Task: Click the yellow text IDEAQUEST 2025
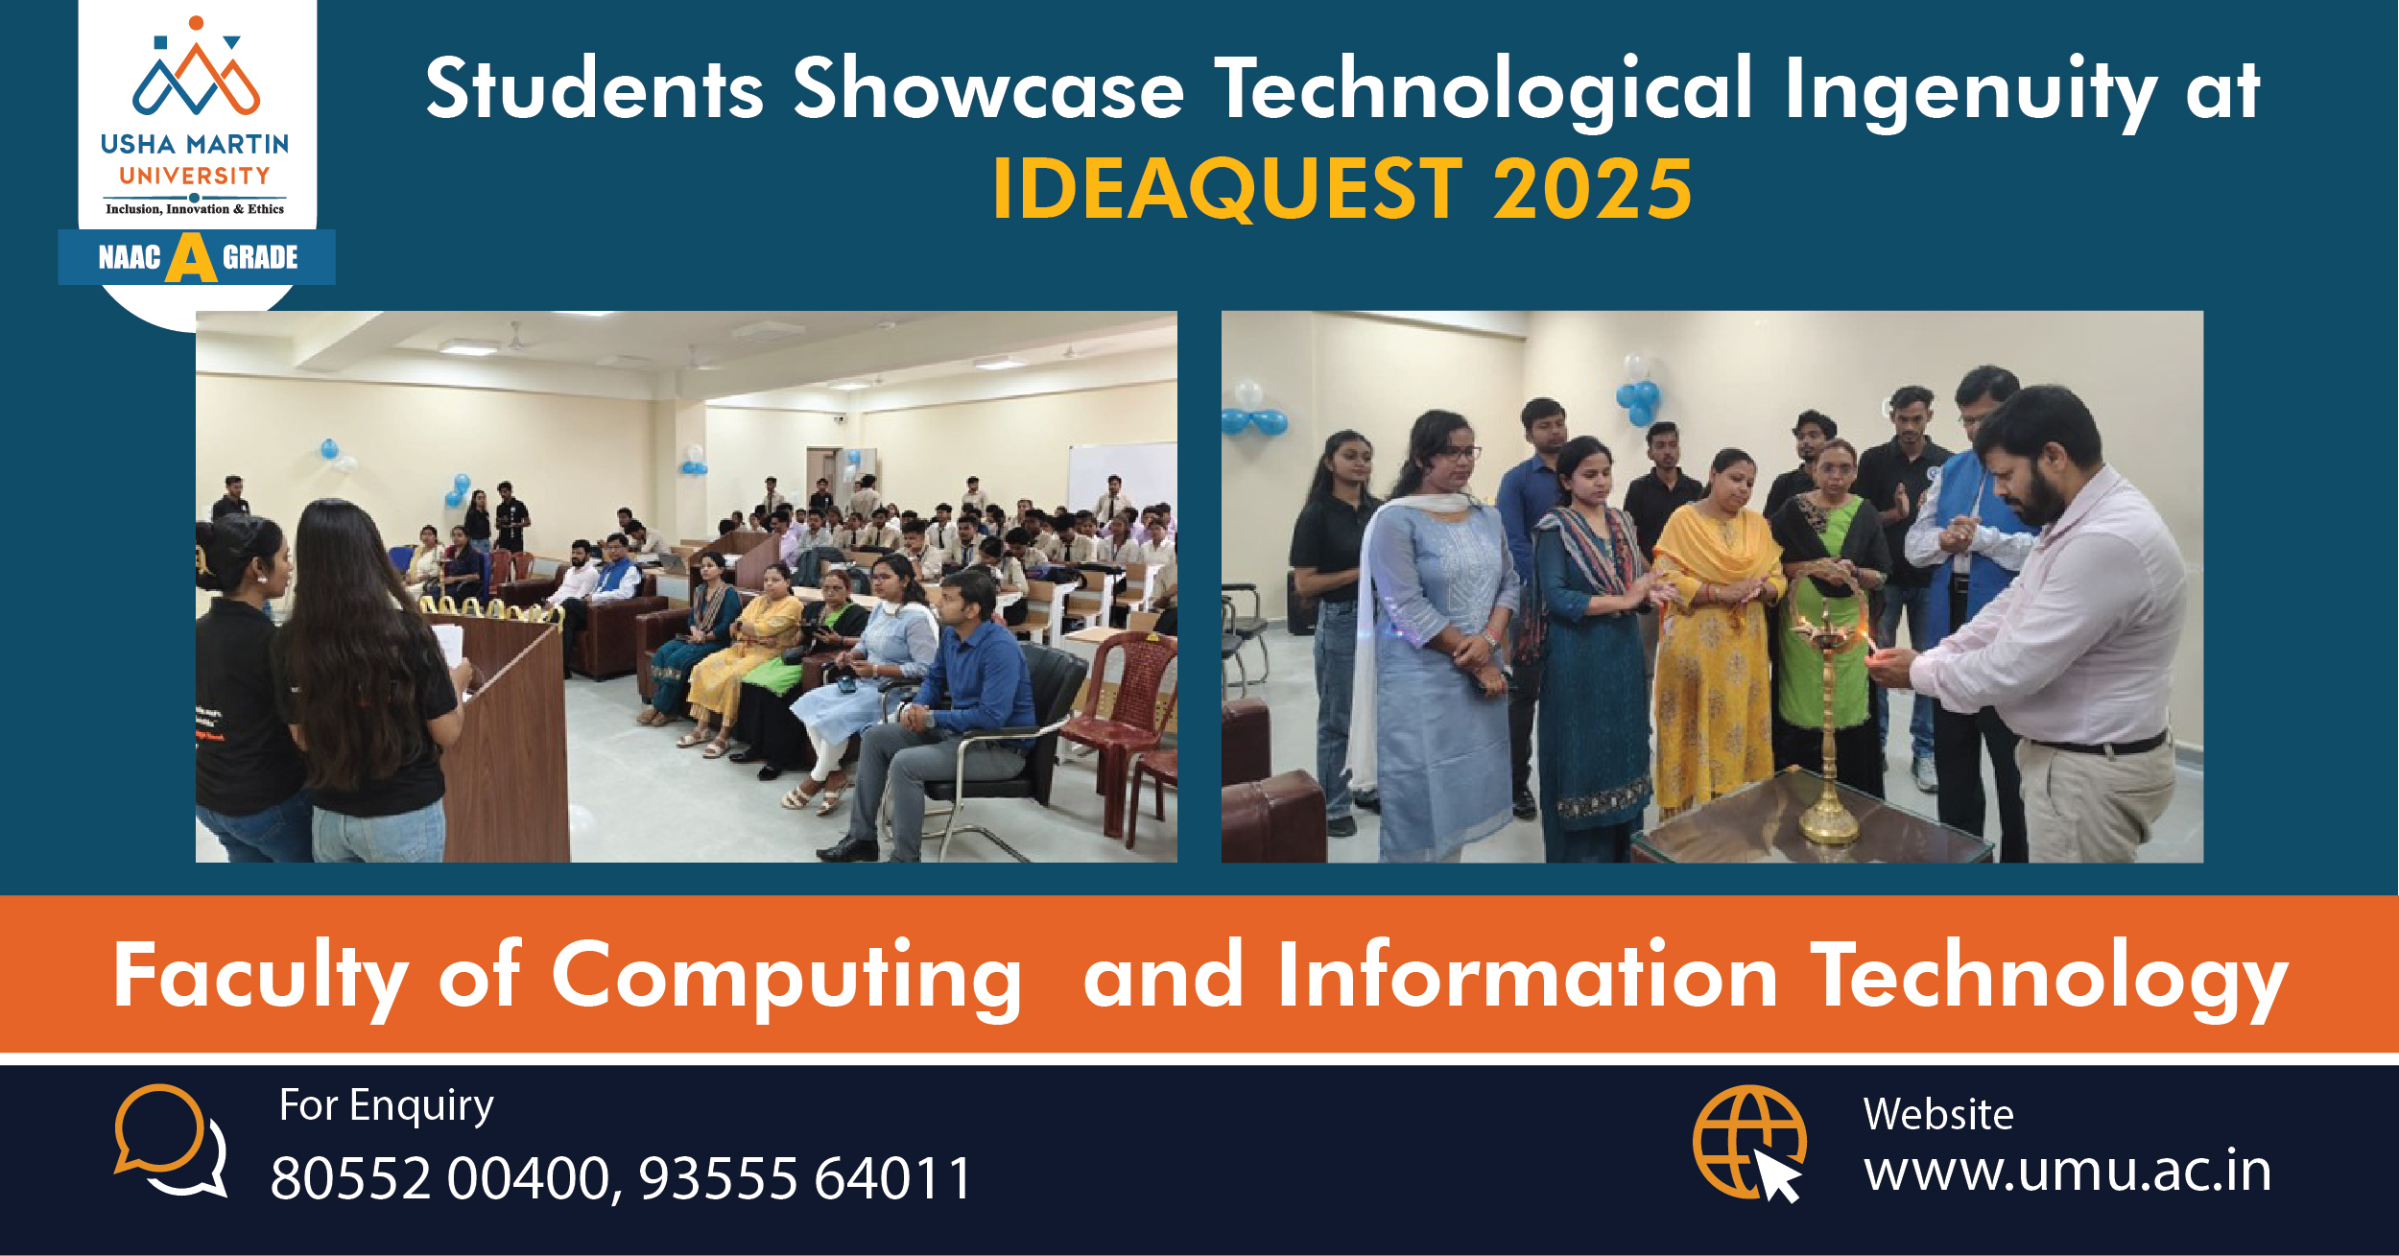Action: pyautogui.click(x=1342, y=189)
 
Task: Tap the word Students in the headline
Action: pyautogui.click(x=595, y=88)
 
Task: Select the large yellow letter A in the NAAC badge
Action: pyautogui.click(x=191, y=257)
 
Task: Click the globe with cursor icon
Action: pyautogui.click(x=1749, y=1143)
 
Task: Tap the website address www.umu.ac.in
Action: pyautogui.click(x=2068, y=1172)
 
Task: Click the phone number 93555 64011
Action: pyautogui.click(x=805, y=1178)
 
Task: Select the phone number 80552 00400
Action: pyautogui.click(x=440, y=1178)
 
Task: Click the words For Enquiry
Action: pyautogui.click(x=386, y=1106)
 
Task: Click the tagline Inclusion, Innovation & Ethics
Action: pyautogui.click(x=195, y=209)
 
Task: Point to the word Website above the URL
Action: pyautogui.click(x=1938, y=1115)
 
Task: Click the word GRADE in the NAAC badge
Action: pyautogui.click(x=260, y=257)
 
